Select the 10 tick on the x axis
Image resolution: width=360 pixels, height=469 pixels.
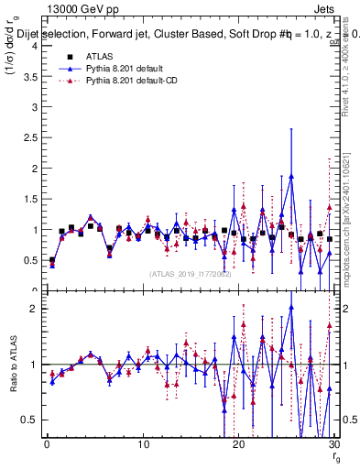coord(143,445)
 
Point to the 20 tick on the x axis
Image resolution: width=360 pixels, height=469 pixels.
coord(239,445)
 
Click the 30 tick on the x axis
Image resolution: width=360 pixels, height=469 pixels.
coord(334,445)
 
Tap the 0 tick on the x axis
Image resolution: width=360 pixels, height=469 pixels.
coord(47,445)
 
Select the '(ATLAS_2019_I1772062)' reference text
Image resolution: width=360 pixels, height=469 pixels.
coord(191,273)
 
